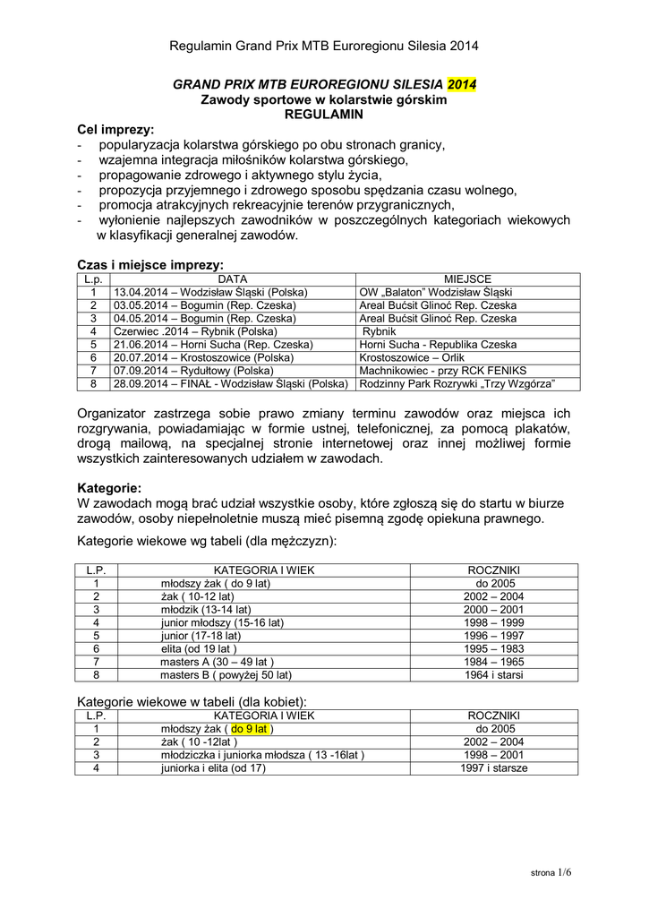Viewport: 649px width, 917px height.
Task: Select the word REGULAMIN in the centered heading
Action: point(323,116)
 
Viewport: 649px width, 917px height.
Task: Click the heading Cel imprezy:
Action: point(115,130)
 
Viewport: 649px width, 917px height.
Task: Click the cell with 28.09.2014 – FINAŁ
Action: point(231,383)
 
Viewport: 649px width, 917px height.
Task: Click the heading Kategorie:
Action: point(109,488)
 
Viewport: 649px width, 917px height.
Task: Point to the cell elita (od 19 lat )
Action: point(198,648)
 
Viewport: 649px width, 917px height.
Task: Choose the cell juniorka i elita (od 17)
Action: point(213,768)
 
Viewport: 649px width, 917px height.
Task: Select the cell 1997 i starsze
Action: point(494,768)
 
